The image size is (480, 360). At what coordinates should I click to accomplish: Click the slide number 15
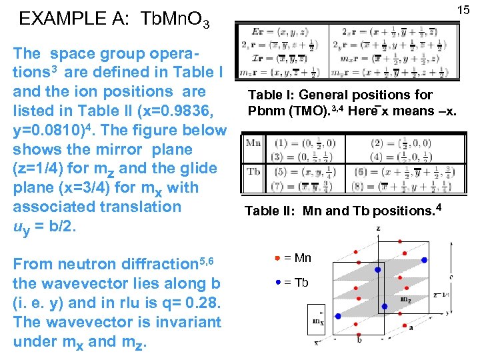[463, 9]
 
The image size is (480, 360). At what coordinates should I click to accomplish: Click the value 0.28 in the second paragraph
[197, 303]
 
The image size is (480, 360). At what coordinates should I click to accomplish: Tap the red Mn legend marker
[277, 257]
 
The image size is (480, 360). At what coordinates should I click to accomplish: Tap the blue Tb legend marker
[277, 282]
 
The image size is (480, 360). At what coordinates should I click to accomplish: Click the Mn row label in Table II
[253, 143]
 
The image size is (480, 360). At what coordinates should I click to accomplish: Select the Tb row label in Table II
[253, 171]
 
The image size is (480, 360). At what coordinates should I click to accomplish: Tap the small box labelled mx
[317, 321]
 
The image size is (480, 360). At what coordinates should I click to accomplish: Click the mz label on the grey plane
[405, 299]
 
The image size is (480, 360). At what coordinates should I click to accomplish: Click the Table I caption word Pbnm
[263, 111]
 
